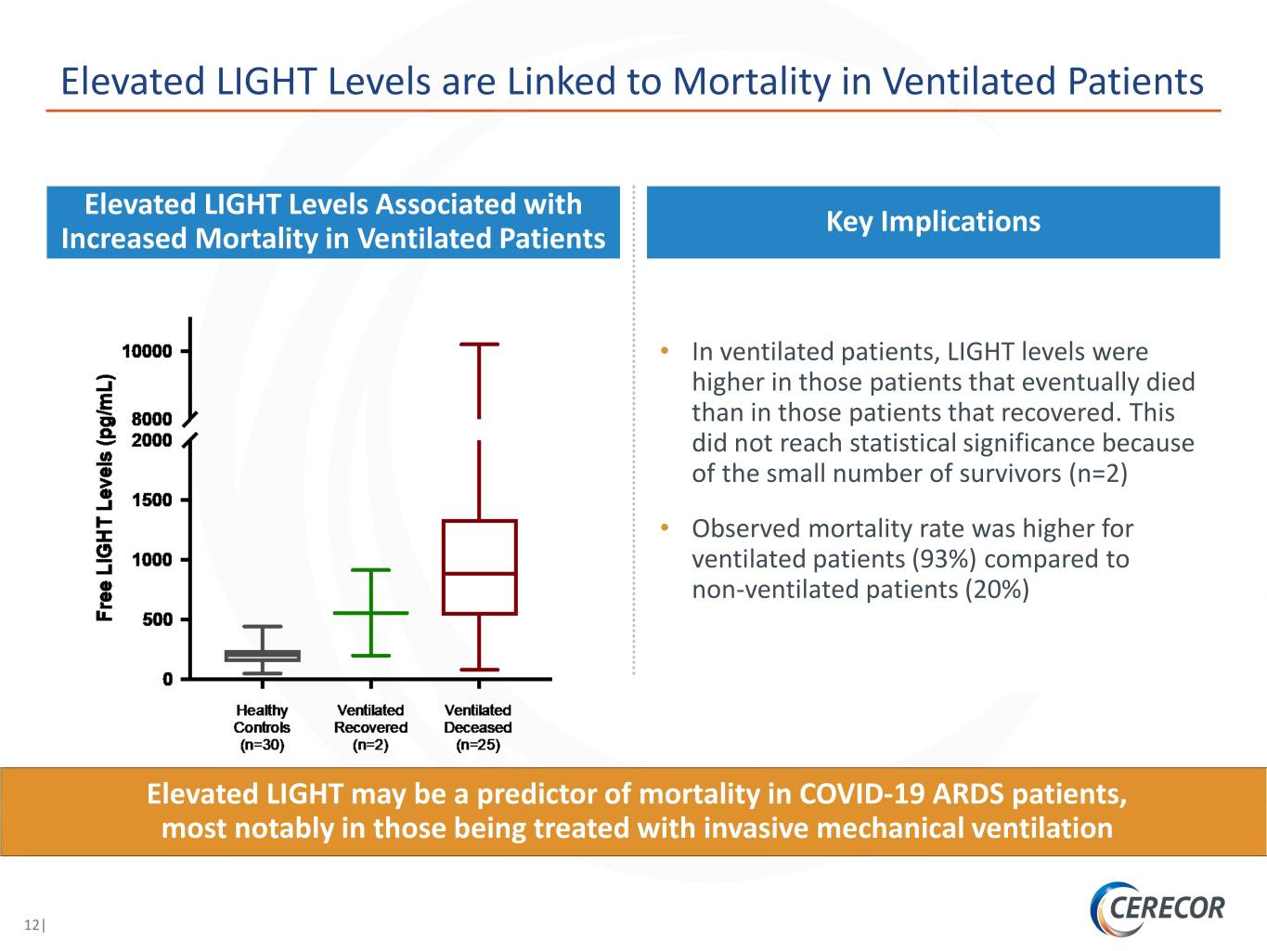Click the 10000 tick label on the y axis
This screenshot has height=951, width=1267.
148,351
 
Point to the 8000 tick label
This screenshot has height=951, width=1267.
152,419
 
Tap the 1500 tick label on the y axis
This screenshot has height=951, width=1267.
152,500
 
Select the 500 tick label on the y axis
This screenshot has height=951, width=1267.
158,619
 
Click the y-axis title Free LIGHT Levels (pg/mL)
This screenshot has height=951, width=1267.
105,498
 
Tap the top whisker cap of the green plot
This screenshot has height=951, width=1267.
370,570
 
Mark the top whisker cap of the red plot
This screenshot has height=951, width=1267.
479,345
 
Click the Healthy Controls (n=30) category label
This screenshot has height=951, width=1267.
262,727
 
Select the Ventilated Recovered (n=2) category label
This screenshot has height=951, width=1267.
370,727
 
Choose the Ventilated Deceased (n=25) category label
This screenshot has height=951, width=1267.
478,727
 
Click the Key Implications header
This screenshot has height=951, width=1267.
934,222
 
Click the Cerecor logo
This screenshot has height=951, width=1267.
1157,908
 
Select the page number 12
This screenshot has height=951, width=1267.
32,924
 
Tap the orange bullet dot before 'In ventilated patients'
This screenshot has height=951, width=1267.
665,350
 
